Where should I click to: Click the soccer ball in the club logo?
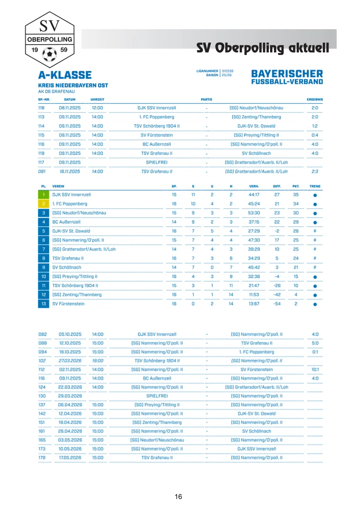click(x=50, y=55)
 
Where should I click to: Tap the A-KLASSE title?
click(x=65, y=75)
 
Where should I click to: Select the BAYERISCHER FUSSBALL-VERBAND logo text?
click(x=287, y=76)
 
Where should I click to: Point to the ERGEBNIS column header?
click(x=315, y=99)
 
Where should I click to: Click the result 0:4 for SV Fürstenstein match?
click(x=315, y=135)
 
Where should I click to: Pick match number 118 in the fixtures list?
click(x=42, y=108)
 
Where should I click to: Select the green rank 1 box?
click(x=44, y=195)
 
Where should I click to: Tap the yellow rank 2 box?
click(x=44, y=204)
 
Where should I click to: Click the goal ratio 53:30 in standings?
click(x=254, y=213)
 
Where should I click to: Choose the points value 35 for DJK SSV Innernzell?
click(x=295, y=195)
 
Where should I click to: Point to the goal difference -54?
click(x=277, y=304)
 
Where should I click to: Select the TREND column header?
click(x=315, y=186)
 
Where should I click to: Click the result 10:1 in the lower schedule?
click(x=315, y=369)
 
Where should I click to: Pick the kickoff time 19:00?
click(x=97, y=361)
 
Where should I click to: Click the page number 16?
click(x=178, y=497)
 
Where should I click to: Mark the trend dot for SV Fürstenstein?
click(x=315, y=304)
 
